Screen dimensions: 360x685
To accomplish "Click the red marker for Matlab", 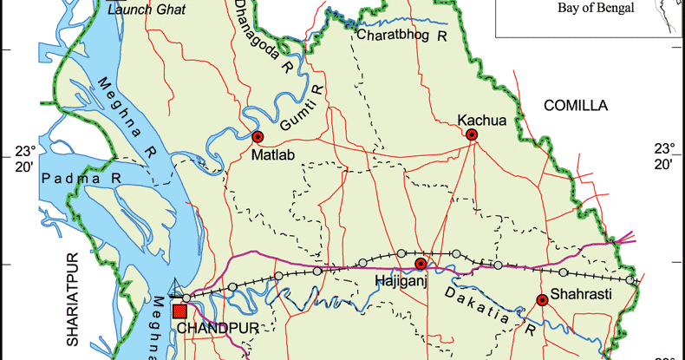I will point(257,137).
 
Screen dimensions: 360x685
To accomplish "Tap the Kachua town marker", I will point(472,134).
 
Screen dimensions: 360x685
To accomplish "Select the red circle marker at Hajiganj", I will point(421,264).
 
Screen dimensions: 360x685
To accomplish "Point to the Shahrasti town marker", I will point(542,300).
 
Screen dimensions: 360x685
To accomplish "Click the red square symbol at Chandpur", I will point(180,311).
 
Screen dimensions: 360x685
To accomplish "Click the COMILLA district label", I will point(576,105).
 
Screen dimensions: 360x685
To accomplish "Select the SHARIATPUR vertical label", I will point(74,299).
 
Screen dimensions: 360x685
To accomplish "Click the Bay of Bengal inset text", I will point(598,8).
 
